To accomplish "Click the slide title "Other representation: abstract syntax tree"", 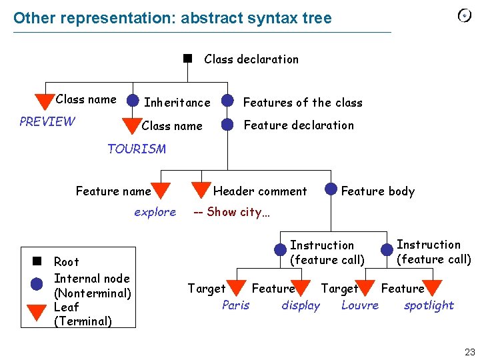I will (x=172, y=18).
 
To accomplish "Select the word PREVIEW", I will (x=47, y=121).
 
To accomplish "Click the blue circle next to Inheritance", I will (x=133, y=101).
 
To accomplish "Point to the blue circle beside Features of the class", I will (x=228, y=101).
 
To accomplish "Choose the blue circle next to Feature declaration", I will (x=228, y=124).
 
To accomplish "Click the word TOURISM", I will (x=137, y=149).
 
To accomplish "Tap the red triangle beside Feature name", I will (x=161, y=191).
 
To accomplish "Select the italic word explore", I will (x=155, y=212).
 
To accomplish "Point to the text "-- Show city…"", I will (x=231, y=212).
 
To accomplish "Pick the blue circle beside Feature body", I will (x=331, y=189).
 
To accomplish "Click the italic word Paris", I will (x=235, y=305).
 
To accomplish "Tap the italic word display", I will (x=301, y=305).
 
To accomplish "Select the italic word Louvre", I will (x=360, y=305).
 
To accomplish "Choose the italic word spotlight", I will (x=429, y=305).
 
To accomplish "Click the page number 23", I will (x=470, y=351).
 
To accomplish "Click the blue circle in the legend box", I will (x=37, y=283).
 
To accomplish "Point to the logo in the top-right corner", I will (x=465, y=15).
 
